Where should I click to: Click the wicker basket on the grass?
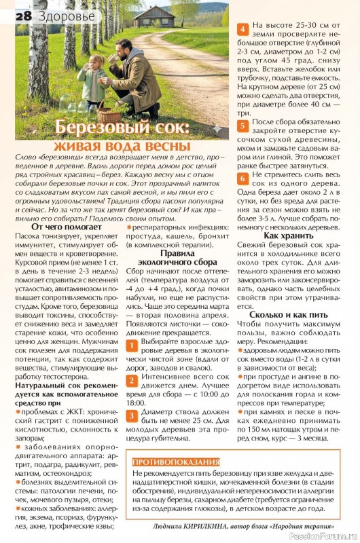[x=109, y=109]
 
